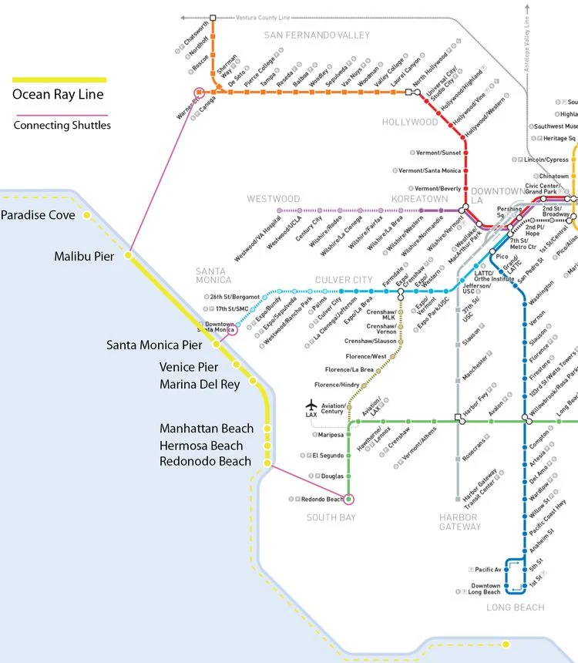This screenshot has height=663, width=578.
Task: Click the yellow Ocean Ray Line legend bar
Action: click(59, 79)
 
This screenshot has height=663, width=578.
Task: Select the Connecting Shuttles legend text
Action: click(62, 125)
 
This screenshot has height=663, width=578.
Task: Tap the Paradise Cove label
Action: click(38, 215)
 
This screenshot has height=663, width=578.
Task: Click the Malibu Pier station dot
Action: click(129, 254)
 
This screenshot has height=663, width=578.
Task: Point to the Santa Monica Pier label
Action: click(154, 345)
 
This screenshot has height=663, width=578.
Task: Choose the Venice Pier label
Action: click(189, 367)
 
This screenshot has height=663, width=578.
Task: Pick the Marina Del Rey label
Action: click(200, 384)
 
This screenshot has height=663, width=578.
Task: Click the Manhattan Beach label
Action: click(206, 429)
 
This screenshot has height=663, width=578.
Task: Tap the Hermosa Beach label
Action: click(201, 446)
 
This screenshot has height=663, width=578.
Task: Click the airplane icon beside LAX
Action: click(311, 405)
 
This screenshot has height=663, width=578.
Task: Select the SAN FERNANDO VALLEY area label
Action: click(317, 35)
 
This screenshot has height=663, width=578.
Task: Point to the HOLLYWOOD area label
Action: click(410, 122)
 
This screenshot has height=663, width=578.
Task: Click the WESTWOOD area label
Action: click(274, 199)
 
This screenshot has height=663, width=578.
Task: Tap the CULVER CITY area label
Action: click(344, 280)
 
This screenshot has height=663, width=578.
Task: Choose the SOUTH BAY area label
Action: click(331, 517)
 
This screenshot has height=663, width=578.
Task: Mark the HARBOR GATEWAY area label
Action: click(459, 522)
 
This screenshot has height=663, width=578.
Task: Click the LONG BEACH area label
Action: click(515, 607)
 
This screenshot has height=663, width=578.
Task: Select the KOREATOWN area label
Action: click(419, 199)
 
